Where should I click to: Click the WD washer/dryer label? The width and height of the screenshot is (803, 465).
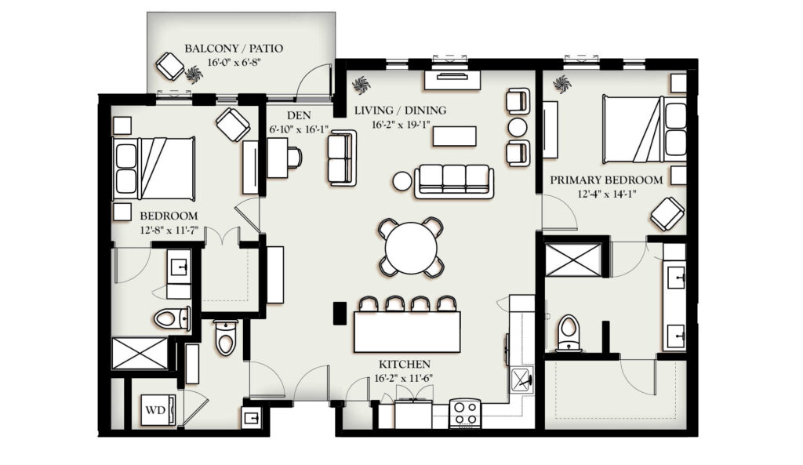(x=154, y=410)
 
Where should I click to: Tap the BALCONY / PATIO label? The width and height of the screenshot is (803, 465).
(x=234, y=49)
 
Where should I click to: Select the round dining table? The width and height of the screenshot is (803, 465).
(x=411, y=247)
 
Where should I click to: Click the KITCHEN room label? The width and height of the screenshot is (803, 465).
(x=405, y=365)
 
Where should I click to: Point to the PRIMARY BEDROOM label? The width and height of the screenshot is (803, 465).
(x=606, y=180)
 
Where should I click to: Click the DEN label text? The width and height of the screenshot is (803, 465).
(x=299, y=115)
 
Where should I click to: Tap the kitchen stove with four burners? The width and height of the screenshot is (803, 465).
(x=465, y=412)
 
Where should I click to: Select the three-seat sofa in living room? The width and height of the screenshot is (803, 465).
(x=454, y=181)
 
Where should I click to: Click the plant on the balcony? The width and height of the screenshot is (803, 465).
(x=194, y=74)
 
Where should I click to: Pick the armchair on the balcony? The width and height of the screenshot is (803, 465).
(x=170, y=66)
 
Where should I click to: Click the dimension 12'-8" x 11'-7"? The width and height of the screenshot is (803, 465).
(x=169, y=231)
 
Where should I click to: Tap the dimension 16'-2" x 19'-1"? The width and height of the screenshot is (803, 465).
(x=401, y=125)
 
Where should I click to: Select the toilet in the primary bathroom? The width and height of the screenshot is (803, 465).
(x=569, y=333)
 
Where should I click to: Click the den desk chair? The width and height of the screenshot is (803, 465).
(x=295, y=157)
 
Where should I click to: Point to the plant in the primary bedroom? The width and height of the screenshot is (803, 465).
(x=561, y=84)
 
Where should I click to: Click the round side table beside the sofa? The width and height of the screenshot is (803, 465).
(x=402, y=181)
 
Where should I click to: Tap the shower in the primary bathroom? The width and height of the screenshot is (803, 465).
(x=573, y=260)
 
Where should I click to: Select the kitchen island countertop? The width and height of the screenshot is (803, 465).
(x=407, y=332)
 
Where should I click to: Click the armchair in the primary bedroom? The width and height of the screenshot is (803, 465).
(x=668, y=213)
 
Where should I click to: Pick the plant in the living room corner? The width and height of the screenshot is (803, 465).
(x=361, y=85)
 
